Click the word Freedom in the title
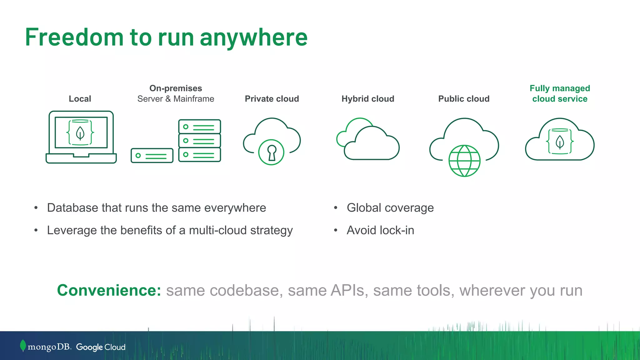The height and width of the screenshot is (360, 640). pyautogui.click(x=74, y=37)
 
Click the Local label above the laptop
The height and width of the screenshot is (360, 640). pyautogui.click(x=80, y=99)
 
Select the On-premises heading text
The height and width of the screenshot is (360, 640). pyautogui.click(x=176, y=88)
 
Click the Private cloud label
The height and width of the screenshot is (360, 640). pyautogui.click(x=272, y=99)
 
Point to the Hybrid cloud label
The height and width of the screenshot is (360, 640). pyautogui.click(x=367, y=99)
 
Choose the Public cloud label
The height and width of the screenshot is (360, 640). pyautogui.click(x=464, y=99)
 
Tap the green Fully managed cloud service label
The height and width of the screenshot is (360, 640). pyautogui.click(x=560, y=93)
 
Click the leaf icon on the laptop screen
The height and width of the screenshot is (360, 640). pyautogui.click(x=80, y=133)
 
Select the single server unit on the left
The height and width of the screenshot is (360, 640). pyautogui.click(x=152, y=156)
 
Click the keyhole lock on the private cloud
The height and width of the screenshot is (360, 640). pyautogui.click(x=271, y=152)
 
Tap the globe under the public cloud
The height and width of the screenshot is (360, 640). pyautogui.click(x=464, y=161)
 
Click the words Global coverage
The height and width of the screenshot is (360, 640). pyautogui.click(x=390, y=208)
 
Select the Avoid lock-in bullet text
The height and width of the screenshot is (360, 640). pyautogui.click(x=380, y=230)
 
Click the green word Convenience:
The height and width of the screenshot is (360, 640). pyautogui.click(x=109, y=290)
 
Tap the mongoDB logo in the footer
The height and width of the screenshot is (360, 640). pyautogui.click(x=46, y=347)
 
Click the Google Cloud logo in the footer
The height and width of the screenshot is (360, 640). pyautogui.click(x=101, y=347)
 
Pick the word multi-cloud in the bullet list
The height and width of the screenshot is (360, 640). pyautogui.click(x=218, y=230)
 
